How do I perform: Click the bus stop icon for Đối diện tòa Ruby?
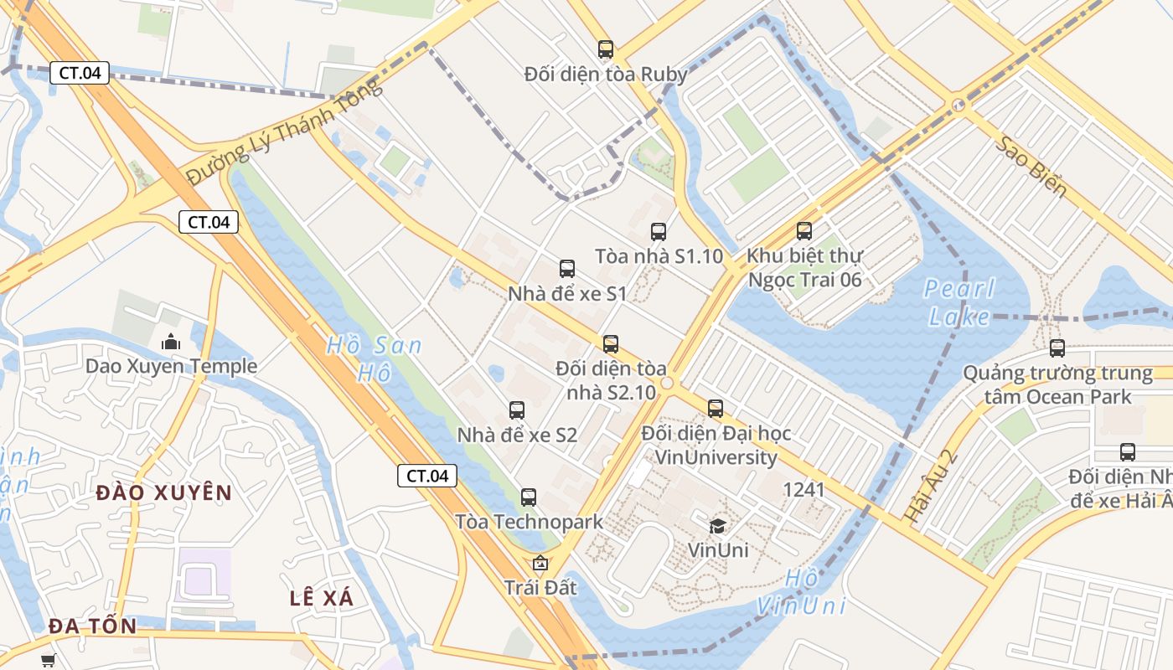point(605,49)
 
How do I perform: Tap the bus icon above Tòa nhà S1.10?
point(659,231)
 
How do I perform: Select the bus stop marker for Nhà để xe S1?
point(567,269)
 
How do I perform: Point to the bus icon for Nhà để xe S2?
point(517,410)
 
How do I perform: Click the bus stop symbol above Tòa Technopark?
point(529,497)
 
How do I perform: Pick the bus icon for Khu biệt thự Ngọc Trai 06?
point(804,230)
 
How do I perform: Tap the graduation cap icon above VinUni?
point(718,525)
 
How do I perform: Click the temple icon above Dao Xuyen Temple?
point(171,341)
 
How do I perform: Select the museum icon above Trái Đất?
point(540,563)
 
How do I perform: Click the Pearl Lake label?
point(959,302)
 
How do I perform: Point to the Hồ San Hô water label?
point(374,358)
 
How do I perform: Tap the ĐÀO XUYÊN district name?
point(163,492)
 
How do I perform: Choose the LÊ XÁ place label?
point(322,598)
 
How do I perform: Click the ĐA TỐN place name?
point(92,626)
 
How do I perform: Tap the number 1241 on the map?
point(804,489)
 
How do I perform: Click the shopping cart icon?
point(49,660)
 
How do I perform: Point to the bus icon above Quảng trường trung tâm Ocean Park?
point(1057,348)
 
